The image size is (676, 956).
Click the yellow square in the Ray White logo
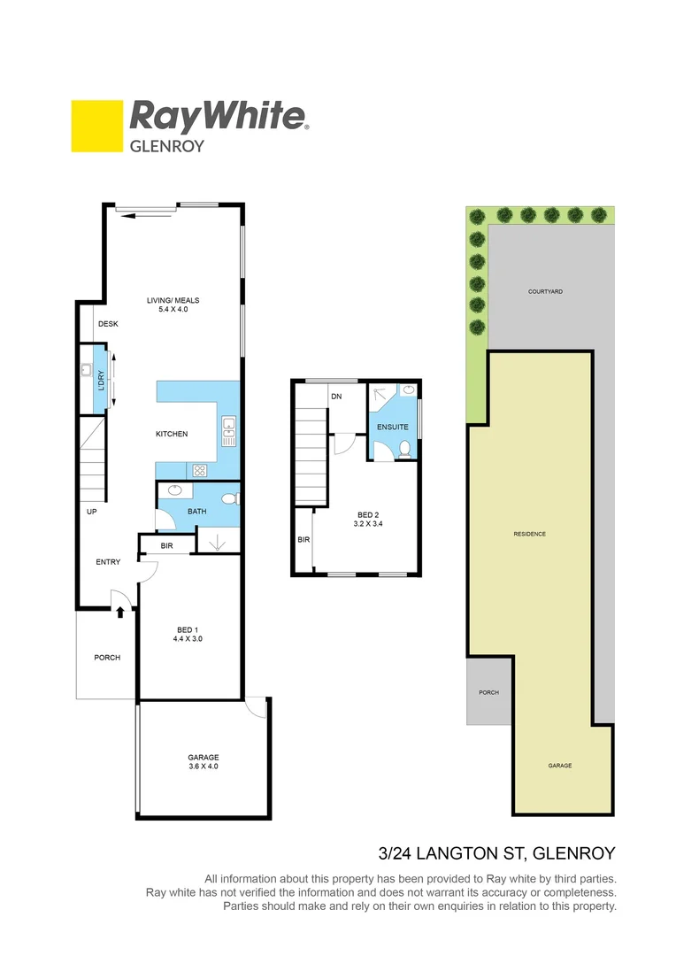point(96,126)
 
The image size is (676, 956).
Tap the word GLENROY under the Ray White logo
point(167,146)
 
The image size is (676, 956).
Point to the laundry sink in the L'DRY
point(87,372)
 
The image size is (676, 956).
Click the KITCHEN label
point(172,434)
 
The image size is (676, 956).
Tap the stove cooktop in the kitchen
point(200,471)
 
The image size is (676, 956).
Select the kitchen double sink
point(228,431)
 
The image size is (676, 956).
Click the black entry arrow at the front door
point(120,610)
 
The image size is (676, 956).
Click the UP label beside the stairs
point(91,513)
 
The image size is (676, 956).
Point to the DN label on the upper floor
point(336,397)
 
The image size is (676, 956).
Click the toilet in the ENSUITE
point(404,449)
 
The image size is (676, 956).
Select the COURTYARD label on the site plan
point(545,291)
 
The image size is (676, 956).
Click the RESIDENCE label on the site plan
point(530,534)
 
